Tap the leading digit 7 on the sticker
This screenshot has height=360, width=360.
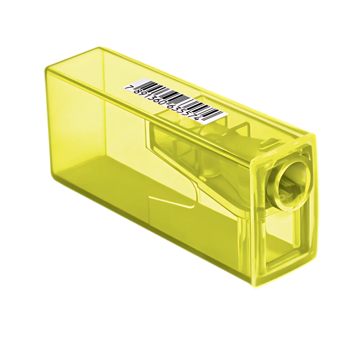pyautogui.click(x=128, y=87)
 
